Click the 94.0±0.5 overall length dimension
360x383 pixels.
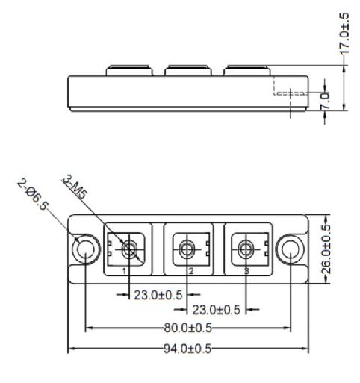[x=187, y=349]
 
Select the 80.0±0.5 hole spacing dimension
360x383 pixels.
[x=188, y=328]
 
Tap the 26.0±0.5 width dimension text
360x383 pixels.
[x=326, y=249]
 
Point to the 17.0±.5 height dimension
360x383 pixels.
[x=344, y=33]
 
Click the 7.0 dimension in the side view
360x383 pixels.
[x=325, y=101]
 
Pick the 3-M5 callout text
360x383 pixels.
[x=75, y=187]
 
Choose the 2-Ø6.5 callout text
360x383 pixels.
[x=32, y=195]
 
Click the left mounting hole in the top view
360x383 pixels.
[x=86, y=249]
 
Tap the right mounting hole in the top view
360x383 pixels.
[x=291, y=249]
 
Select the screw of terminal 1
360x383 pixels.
[x=129, y=249]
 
